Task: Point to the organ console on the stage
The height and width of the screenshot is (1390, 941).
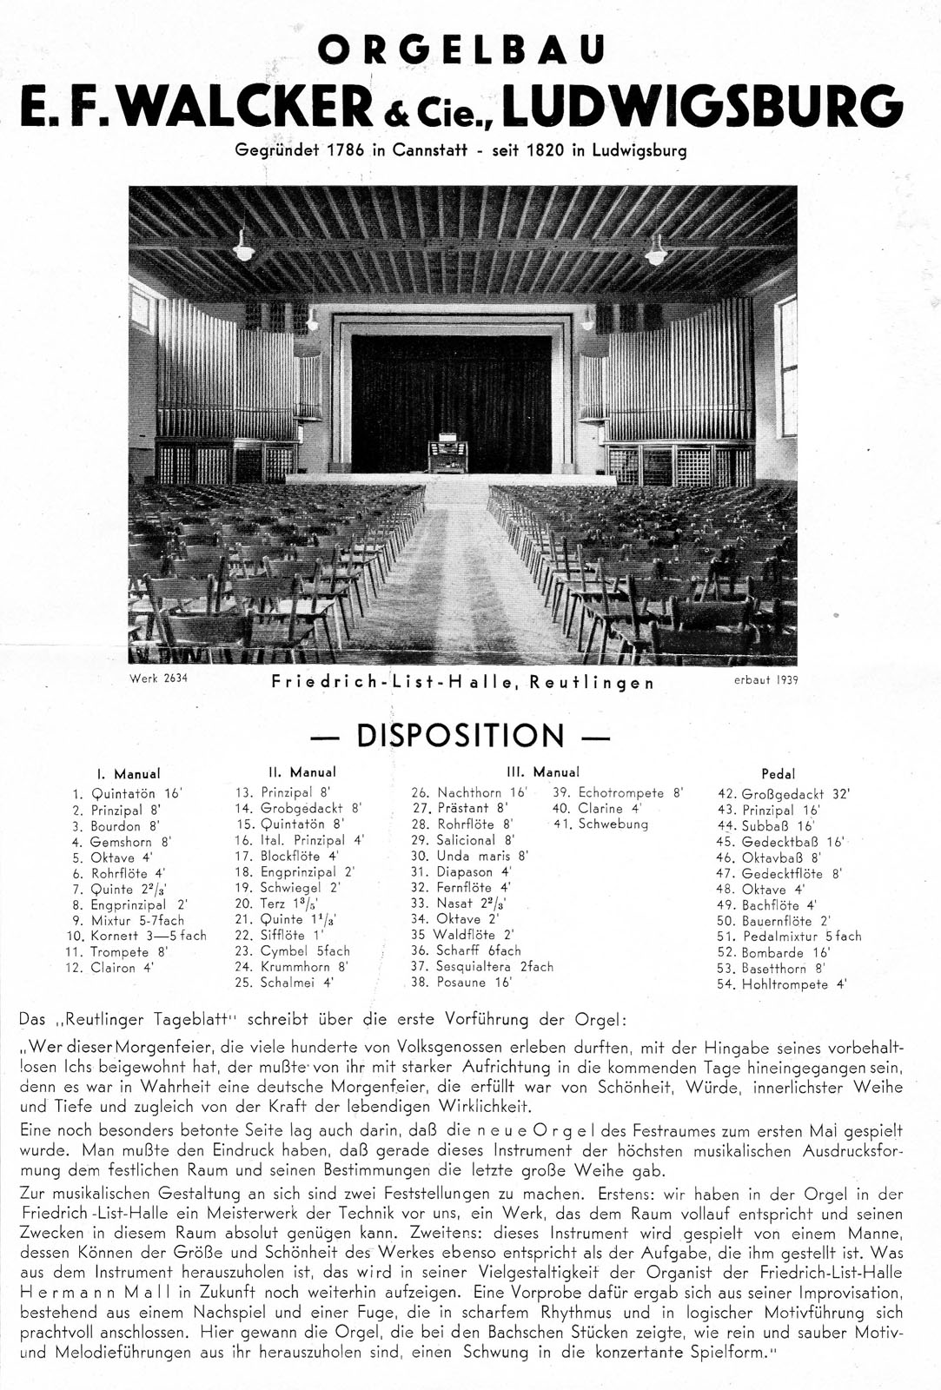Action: (x=447, y=454)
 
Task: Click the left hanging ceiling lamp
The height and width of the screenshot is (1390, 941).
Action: (x=243, y=250)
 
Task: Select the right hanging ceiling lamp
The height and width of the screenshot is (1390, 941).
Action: (x=656, y=253)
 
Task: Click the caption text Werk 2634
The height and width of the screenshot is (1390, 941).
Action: (x=157, y=679)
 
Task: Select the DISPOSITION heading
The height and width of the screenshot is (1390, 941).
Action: (x=461, y=736)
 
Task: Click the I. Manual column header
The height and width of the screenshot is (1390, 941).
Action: (x=129, y=773)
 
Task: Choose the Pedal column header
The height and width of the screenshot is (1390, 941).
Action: (x=778, y=773)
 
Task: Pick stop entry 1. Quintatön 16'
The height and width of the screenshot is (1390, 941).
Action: (x=128, y=793)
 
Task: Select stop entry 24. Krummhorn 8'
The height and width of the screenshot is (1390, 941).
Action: (x=292, y=966)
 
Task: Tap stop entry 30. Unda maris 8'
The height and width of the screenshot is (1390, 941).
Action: (x=470, y=856)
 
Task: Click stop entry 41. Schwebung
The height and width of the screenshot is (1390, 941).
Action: (x=601, y=824)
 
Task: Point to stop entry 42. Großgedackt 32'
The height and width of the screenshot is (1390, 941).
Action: (x=785, y=794)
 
